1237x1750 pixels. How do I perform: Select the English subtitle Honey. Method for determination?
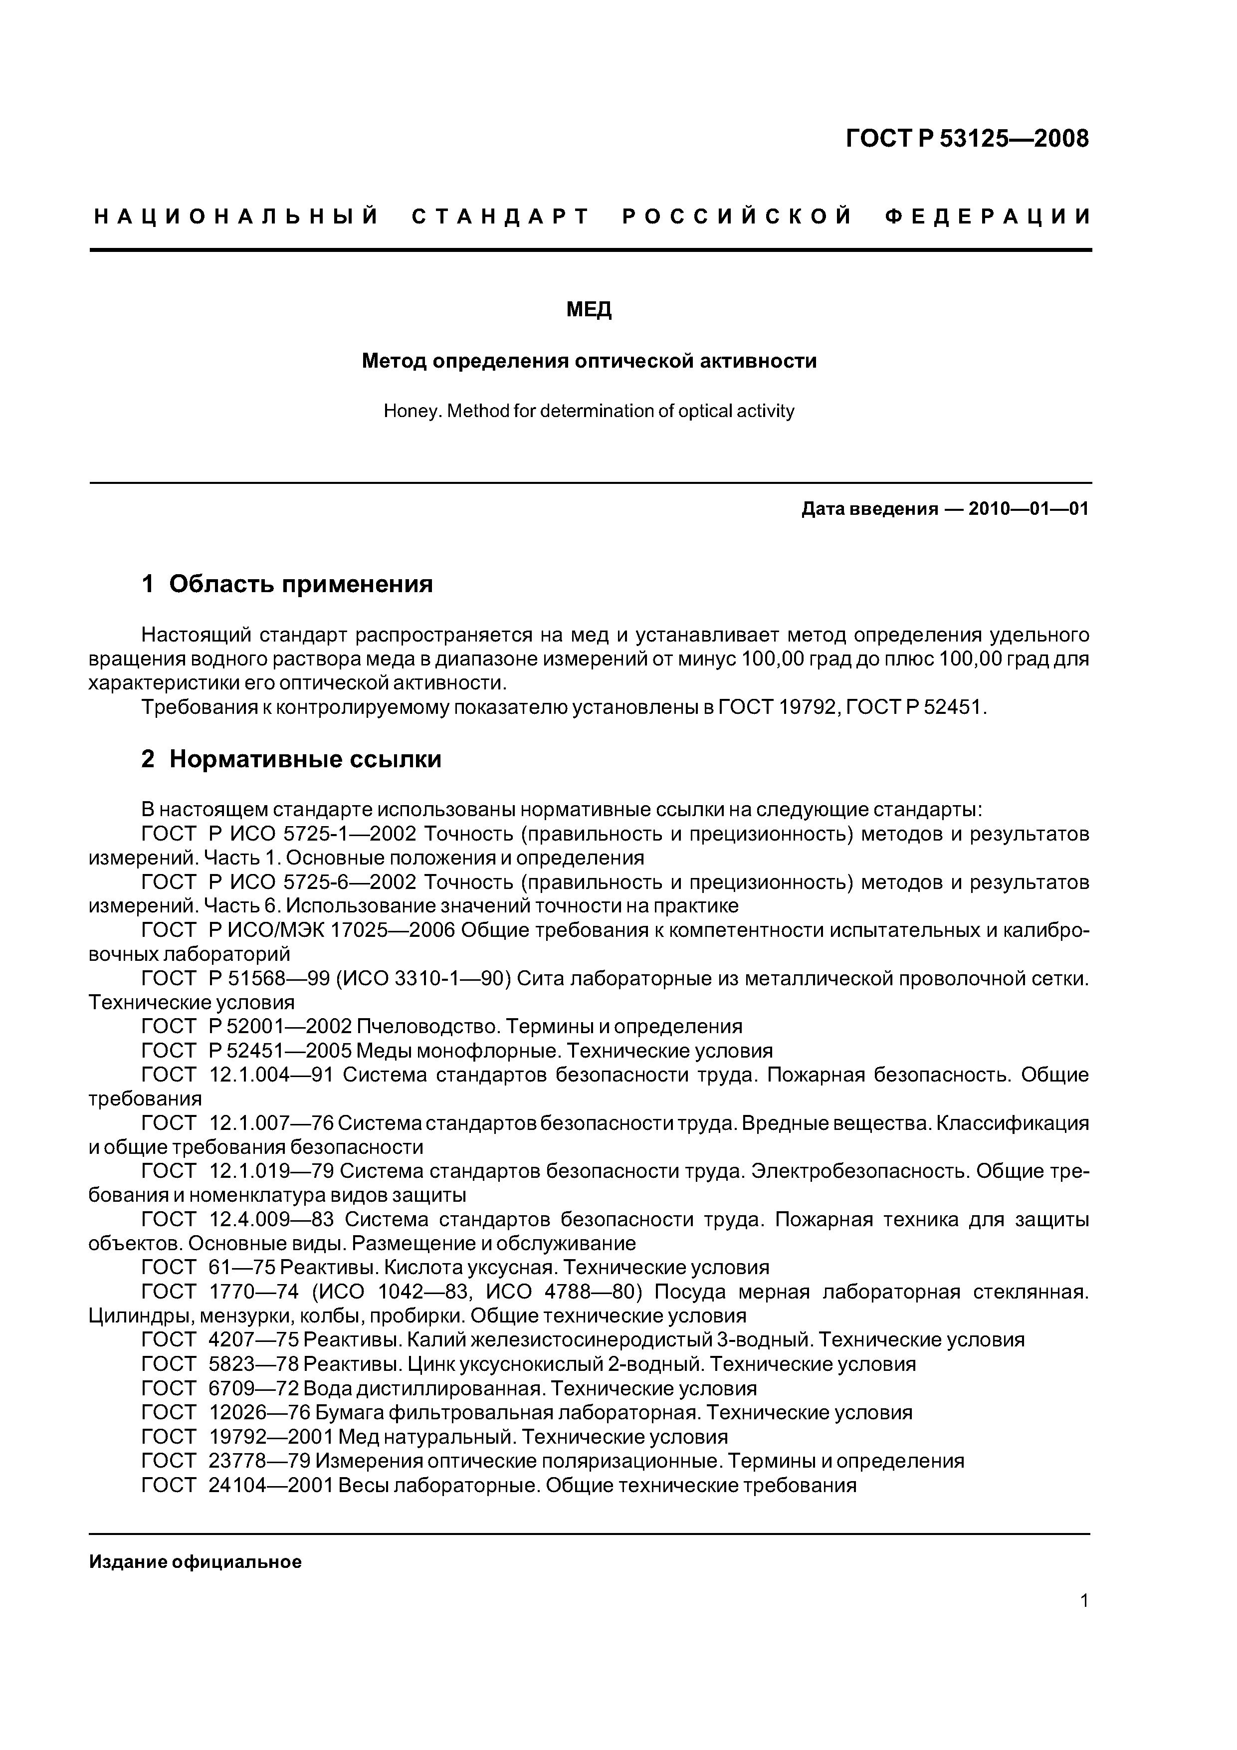coord(589,412)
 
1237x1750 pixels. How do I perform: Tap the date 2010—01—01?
coord(1028,508)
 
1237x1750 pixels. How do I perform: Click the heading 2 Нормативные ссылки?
coord(291,759)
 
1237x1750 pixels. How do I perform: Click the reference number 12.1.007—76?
coord(271,1123)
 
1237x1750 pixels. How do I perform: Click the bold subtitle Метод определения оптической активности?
coord(589,361)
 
